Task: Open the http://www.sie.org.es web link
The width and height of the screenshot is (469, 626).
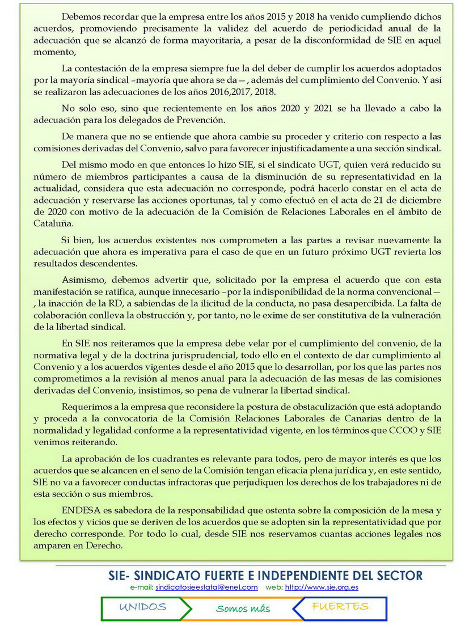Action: (x=321, y=587)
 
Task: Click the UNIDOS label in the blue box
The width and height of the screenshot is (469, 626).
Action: (x=143, y=607)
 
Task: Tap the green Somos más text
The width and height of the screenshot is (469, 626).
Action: (x=243, y=609)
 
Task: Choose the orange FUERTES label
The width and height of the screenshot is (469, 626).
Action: (x=340, y=607)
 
